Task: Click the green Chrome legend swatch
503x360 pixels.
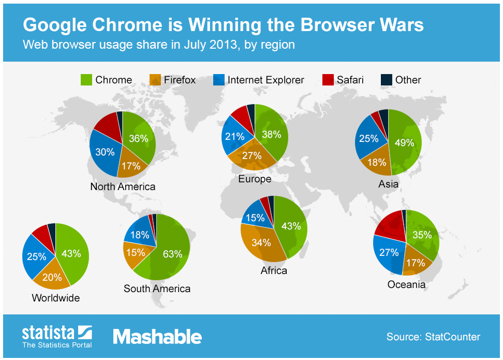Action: (x=86, y=80)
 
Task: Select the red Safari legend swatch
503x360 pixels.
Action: (x=328, y=80)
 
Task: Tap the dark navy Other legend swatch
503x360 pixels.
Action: (x=386, y=80)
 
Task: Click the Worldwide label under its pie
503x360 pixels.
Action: (x=56, y=298)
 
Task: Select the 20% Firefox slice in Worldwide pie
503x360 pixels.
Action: (x=53, y=277)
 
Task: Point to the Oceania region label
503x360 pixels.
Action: (x=406, y=284)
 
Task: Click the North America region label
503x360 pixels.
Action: (x=123, y=186)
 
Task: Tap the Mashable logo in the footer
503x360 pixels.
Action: (x=157, y=337)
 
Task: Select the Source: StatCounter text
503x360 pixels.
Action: (x=433, y=337)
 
